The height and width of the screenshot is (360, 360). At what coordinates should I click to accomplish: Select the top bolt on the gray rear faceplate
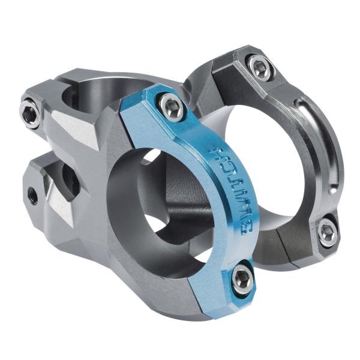point(260,67)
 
